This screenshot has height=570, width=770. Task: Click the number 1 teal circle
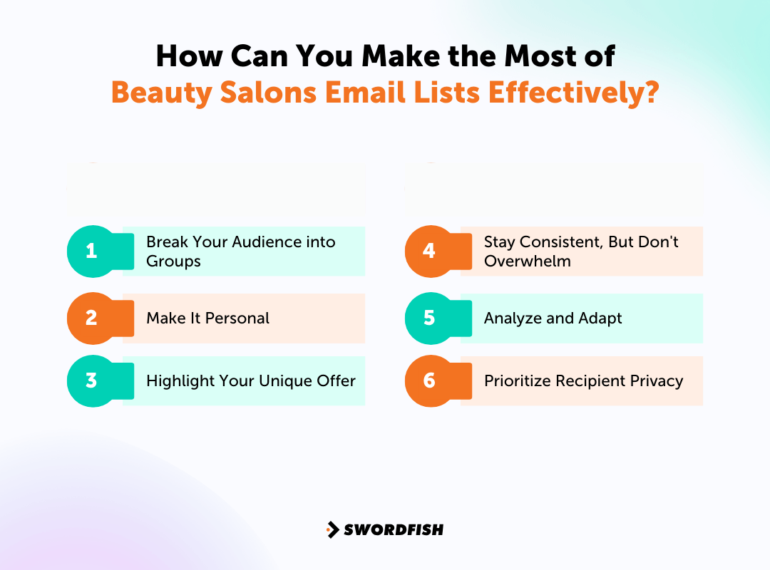coord(92,251)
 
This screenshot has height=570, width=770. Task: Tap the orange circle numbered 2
coord(92,318)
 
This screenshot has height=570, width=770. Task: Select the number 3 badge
coord(92,380)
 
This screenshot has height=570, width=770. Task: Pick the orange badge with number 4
coord(429,251)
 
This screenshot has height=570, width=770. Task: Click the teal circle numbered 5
coord(429,318)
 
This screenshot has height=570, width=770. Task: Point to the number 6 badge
coord(429,380)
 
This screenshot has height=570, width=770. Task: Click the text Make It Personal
coord(207,318)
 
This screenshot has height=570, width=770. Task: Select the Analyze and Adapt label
coord(553,318)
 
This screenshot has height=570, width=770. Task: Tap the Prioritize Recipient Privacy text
coord(583,380)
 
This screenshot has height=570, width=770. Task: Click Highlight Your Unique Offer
coord(250,380)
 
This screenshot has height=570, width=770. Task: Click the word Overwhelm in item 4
coord(527,261)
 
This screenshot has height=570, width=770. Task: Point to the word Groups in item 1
coord(173,261)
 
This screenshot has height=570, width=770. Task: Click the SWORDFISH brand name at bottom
coord(394,529)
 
